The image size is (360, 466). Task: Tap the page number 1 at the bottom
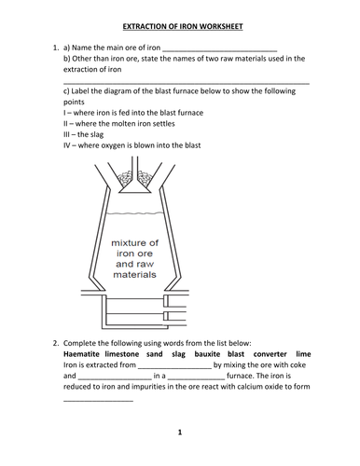click(x=179, y=433)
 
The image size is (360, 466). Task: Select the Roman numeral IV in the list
click(x=68, y=144)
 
